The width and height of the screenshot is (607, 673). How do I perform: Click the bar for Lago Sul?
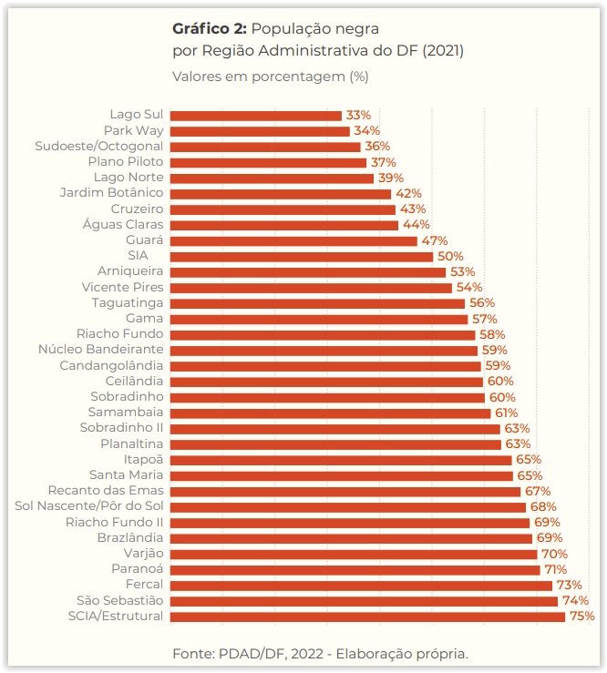255,116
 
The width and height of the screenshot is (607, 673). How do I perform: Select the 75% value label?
581,617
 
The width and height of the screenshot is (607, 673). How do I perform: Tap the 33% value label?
358,116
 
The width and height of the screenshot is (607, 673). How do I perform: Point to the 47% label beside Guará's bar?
434,240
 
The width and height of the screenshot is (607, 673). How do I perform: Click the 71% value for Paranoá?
555,569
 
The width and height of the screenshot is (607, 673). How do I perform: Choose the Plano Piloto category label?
126,162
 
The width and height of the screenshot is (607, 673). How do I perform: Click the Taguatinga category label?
128,303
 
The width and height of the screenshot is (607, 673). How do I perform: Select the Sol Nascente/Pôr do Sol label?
89,506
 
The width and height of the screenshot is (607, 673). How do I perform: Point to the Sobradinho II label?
121,428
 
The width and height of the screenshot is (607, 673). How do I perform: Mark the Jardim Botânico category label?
111,193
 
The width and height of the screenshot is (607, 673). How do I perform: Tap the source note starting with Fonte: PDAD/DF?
320,653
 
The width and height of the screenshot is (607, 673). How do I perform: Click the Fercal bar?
361,585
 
